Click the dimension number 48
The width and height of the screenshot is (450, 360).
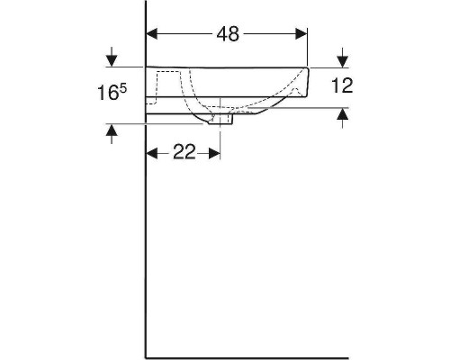click(228, 33)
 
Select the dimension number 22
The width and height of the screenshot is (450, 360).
click(184, 152)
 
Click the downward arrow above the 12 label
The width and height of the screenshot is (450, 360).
click(342, 59)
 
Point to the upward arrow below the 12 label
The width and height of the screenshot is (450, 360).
click(342, 115)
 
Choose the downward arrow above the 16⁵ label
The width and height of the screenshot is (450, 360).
click(112, 59)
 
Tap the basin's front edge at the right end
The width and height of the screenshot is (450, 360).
click(308, 81)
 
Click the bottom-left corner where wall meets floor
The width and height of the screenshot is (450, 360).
click(147, 356)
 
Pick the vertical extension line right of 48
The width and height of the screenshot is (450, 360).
click(308, 45)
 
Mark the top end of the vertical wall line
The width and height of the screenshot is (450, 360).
click(147, 3)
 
